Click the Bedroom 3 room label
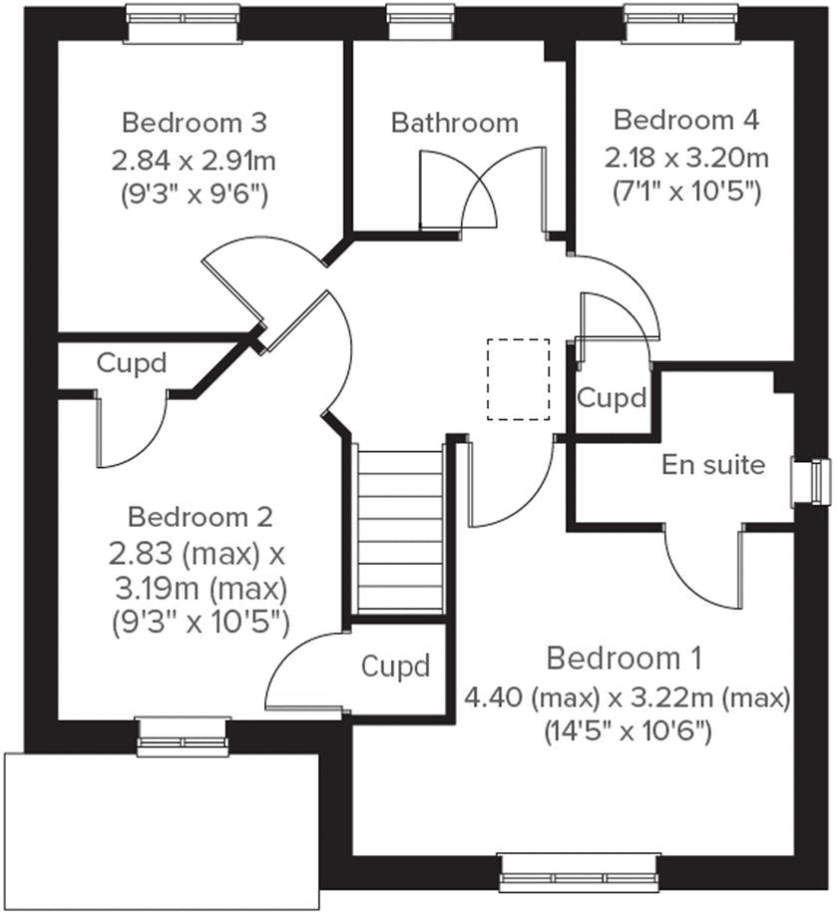(x=194, y=123)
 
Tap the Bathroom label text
(x=454, y=123)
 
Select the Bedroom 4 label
(x=685, y=121)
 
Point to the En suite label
(x=713, y=464)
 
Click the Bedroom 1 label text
(x=625, y=659)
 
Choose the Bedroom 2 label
(x=200, y=517)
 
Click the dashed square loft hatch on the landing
(x=518, y=379)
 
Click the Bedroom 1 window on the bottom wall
(x=579, y=870)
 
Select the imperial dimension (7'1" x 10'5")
(x=685, y=192)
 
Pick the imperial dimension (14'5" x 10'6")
(x=627, y=731)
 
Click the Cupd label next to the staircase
(x=395, y=666)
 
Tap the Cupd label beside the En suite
(x=612, y=398)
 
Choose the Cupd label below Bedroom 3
(x=131, y=362)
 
